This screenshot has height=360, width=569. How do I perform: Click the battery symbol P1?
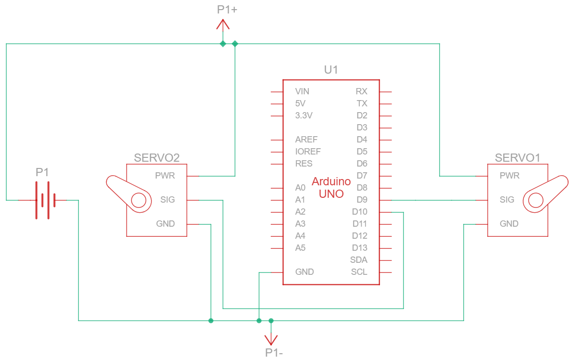coord(45,200)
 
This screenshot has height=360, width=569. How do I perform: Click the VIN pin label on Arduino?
coord(302,91)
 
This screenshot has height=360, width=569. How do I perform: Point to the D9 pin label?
coord(362,200)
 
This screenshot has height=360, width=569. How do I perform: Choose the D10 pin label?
coord(360,212)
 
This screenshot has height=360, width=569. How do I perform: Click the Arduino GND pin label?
coord(304,272)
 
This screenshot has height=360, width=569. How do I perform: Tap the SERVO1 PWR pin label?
coord(509,176)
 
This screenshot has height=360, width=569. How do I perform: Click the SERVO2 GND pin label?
coord(165,224)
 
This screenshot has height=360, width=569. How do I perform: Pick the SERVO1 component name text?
coord(518,157)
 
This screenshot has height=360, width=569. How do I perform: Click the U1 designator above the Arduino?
coord(331,70)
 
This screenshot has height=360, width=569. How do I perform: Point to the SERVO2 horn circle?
coord(139,200)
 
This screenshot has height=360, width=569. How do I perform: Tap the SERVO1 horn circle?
coord(536,200)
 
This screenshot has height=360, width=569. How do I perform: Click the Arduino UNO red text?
coord(331,188)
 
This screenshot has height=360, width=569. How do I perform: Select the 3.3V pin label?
coord(304,116)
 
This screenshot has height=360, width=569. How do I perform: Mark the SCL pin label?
coord(359,272)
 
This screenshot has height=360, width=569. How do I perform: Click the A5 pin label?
coord(300,248)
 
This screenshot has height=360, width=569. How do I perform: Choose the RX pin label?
coord(361,91)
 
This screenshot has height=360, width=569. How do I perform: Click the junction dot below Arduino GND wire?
coord(259,321)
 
